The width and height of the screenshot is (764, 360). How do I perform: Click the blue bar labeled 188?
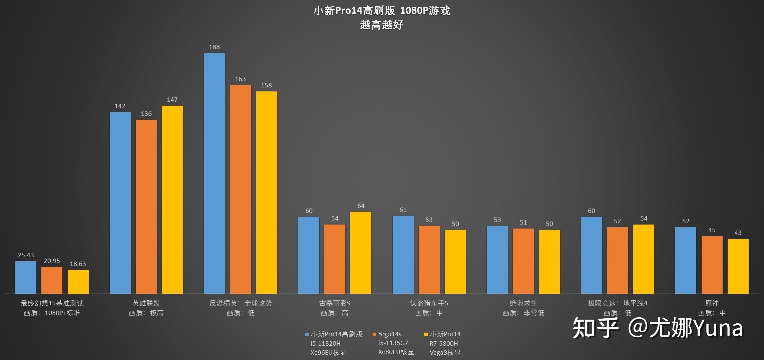[214, 173]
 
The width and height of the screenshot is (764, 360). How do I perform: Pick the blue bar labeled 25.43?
[26, 277]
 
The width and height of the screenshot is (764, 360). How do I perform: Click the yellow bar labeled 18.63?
[78, 282]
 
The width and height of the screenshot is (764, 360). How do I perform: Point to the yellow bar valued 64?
[361, 253]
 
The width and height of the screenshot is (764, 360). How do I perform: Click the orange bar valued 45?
[712, 265]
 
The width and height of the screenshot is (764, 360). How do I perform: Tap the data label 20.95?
[52, 261]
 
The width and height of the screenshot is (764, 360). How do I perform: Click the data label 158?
[266, 85]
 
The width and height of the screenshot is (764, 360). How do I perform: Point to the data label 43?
[738, 233]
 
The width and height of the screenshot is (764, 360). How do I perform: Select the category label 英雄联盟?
[146, 303]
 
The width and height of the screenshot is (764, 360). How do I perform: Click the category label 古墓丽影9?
[335, 303]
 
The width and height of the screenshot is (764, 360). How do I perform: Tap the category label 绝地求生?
[523, 303]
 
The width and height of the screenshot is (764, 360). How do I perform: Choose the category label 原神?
[712, 303]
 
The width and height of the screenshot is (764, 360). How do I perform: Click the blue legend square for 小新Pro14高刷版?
[307, 334]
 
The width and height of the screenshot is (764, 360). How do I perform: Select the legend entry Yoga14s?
[389, 334]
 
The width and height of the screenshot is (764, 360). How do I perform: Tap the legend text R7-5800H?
[443, 343]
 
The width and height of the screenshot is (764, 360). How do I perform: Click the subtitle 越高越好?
[382, 25]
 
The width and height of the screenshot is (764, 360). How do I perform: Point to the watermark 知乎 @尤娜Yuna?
[657, 328]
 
